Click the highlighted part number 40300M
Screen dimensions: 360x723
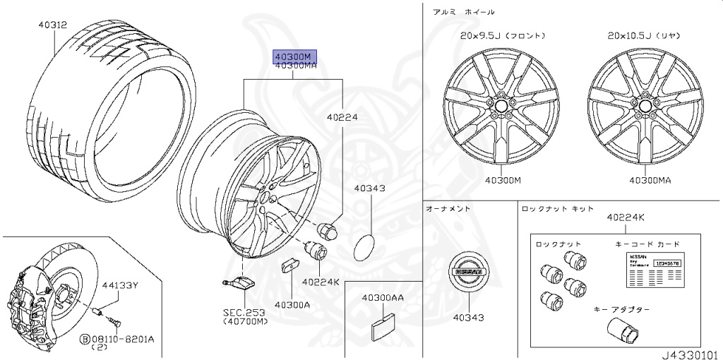pyautogui.click(x=295, y=56)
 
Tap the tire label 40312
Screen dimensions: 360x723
pyautogui.click(x=52, y=24)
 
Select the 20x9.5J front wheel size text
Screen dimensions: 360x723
pyautogui.click(x=502, y=35)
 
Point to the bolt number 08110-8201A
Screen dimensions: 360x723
pyautogui.click(x=126, y=338)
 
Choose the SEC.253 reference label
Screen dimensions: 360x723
pyautogui.click(x=244, y=311)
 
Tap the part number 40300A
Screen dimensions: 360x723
pyautogui.click(x=292, y=305)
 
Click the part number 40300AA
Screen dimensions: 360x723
pyautogui.click(x=383, y=298)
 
